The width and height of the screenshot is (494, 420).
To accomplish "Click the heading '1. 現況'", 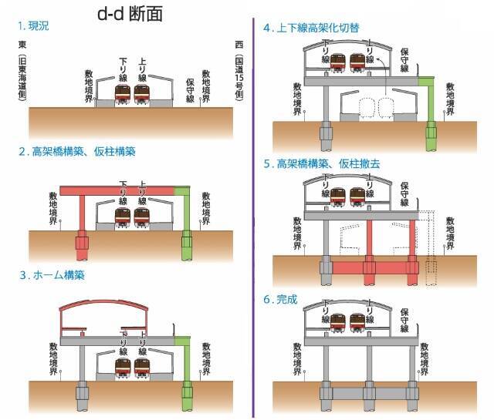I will tap(35, 25).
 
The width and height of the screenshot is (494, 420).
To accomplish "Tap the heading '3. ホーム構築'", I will tap(52, 274).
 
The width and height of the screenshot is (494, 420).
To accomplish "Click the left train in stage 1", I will tap(123, 95).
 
